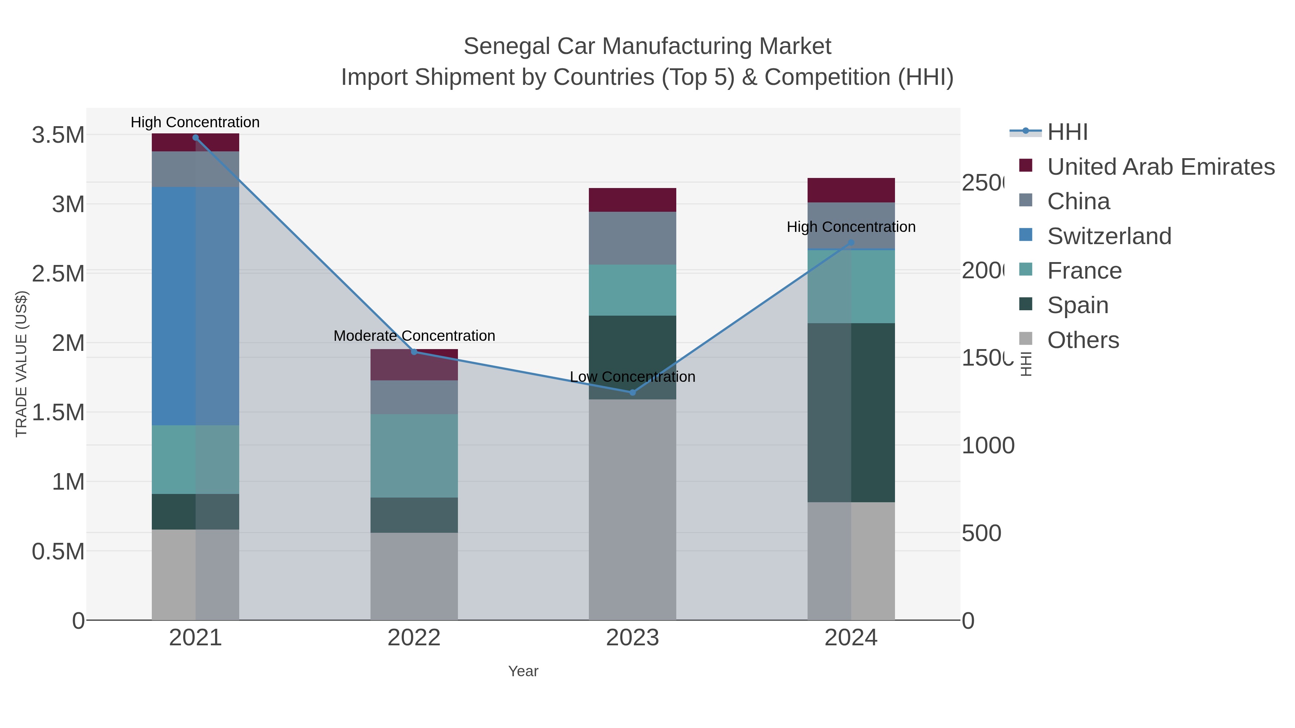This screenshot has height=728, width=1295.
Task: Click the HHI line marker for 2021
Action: tap(196, 138)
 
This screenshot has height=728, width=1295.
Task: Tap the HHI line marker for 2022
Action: tap(414, 352)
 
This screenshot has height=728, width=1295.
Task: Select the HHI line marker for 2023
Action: tap(632, 392)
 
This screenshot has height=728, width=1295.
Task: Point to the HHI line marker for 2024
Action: tap(851, 243)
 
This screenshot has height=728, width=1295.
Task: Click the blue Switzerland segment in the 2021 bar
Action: tap(196, 306)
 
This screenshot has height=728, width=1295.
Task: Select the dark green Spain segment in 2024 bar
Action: tap(851, 412)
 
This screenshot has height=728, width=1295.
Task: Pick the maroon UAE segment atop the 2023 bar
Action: tap(632, 200)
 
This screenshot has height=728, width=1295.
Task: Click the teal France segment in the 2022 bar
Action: tap(414, 456)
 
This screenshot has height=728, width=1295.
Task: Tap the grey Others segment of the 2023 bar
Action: tap(632, 510)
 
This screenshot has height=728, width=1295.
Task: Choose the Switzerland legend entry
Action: tap(1109, 236)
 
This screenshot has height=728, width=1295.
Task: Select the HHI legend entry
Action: tap(1067, 132)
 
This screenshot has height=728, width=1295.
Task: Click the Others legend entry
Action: tap(1083, 340)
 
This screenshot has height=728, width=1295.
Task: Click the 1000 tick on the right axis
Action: tap(988, 446)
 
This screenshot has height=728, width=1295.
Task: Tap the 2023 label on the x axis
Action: tap(632, 638)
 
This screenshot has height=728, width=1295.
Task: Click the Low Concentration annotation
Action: tap(632, 377)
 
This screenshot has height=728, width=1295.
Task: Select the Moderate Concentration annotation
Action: tap(414, 336)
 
